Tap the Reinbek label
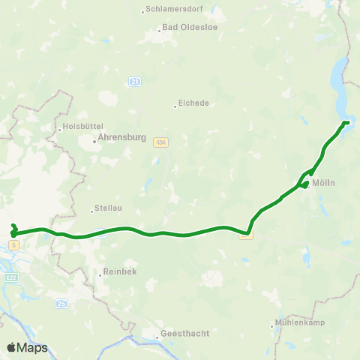[121, 274]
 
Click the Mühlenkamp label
[299, 325]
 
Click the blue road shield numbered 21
[135, 81]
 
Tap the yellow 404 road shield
[160, 142]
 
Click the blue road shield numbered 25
[61, 302]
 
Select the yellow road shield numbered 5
[14, 244]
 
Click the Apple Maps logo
[27, 348]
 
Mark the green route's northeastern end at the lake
[346, 122]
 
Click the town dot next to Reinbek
[100, 274]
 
